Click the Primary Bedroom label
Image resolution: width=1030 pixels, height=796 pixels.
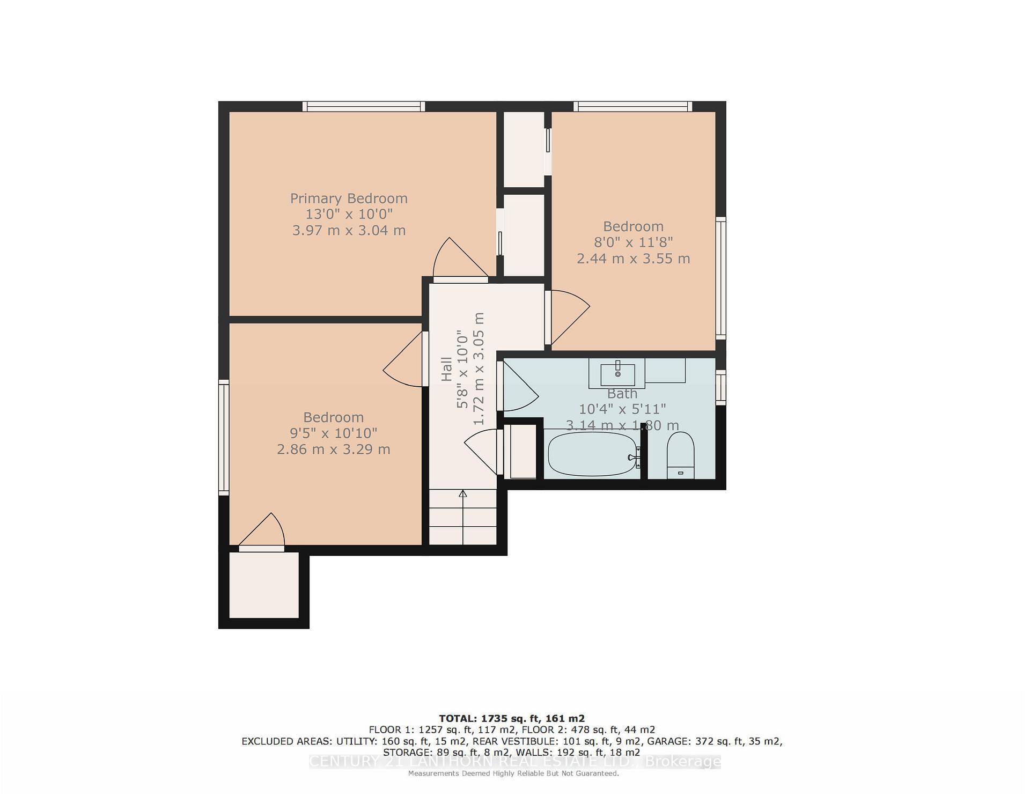click(349, 198)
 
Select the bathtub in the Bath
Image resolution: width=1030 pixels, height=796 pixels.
click(592, 454)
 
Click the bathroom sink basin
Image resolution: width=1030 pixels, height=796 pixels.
click(617, 371)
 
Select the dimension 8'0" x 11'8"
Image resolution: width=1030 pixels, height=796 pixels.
click(633, 242)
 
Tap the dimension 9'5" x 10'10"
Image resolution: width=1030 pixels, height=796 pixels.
click(333, 433)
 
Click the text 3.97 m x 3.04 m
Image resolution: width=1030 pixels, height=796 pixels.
click(349, 231)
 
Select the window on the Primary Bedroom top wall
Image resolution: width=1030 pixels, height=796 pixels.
click(364, 106)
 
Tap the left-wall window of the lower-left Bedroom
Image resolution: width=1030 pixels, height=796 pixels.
click(224, 437)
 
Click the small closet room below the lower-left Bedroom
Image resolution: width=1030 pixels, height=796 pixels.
click(264, 585)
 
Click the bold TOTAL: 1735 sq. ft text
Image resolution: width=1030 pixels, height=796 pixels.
click(511, 718)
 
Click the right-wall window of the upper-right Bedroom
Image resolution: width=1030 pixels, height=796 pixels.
click(721, 278)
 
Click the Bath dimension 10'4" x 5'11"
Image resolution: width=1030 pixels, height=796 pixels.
click(622, 409)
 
